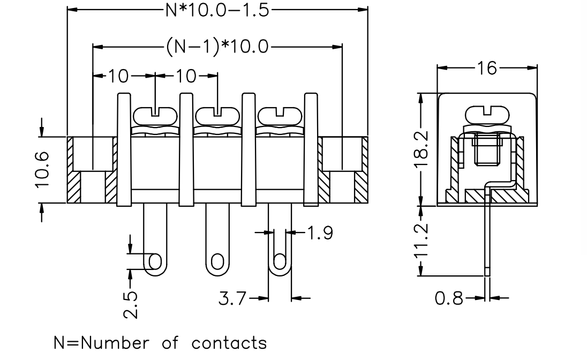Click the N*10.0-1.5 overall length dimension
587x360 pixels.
pyautogui.click(x=217, y=10)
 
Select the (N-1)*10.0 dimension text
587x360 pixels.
pyautogui.click(x=217, y=47)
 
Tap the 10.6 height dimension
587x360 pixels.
pyautogui.click(x=42, y=169)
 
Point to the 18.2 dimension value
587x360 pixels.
pyautogui.click(x=422, y=149)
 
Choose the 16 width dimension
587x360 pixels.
pyautogui.click(x=487, y=68)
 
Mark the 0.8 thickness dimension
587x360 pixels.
pyautogui.click(x=449, y=298)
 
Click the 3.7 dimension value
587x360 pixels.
pyautogui.click(x=232, y=298)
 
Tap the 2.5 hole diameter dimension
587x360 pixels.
pyautogui.click(x=131, y=305)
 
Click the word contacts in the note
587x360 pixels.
pyautogui.click(x=229, y=343)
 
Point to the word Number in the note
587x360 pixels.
pyautogui.click(x=115, y=343)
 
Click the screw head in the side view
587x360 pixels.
pyautogui.click(x=487, y=115)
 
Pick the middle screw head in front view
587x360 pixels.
pyautogui.click(x=217, y=115)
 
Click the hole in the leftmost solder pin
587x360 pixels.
pyautogui.click(x=155, y=261)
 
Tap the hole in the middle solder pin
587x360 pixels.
pyautogui.click(x=217, y=261)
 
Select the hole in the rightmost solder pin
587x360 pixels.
pyautogui.click(x=280, y=261)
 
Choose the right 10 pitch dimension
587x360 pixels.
pyautogui.click(x=186, y=76)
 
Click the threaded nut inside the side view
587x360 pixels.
pyautogui.click(x=487, y=150)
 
